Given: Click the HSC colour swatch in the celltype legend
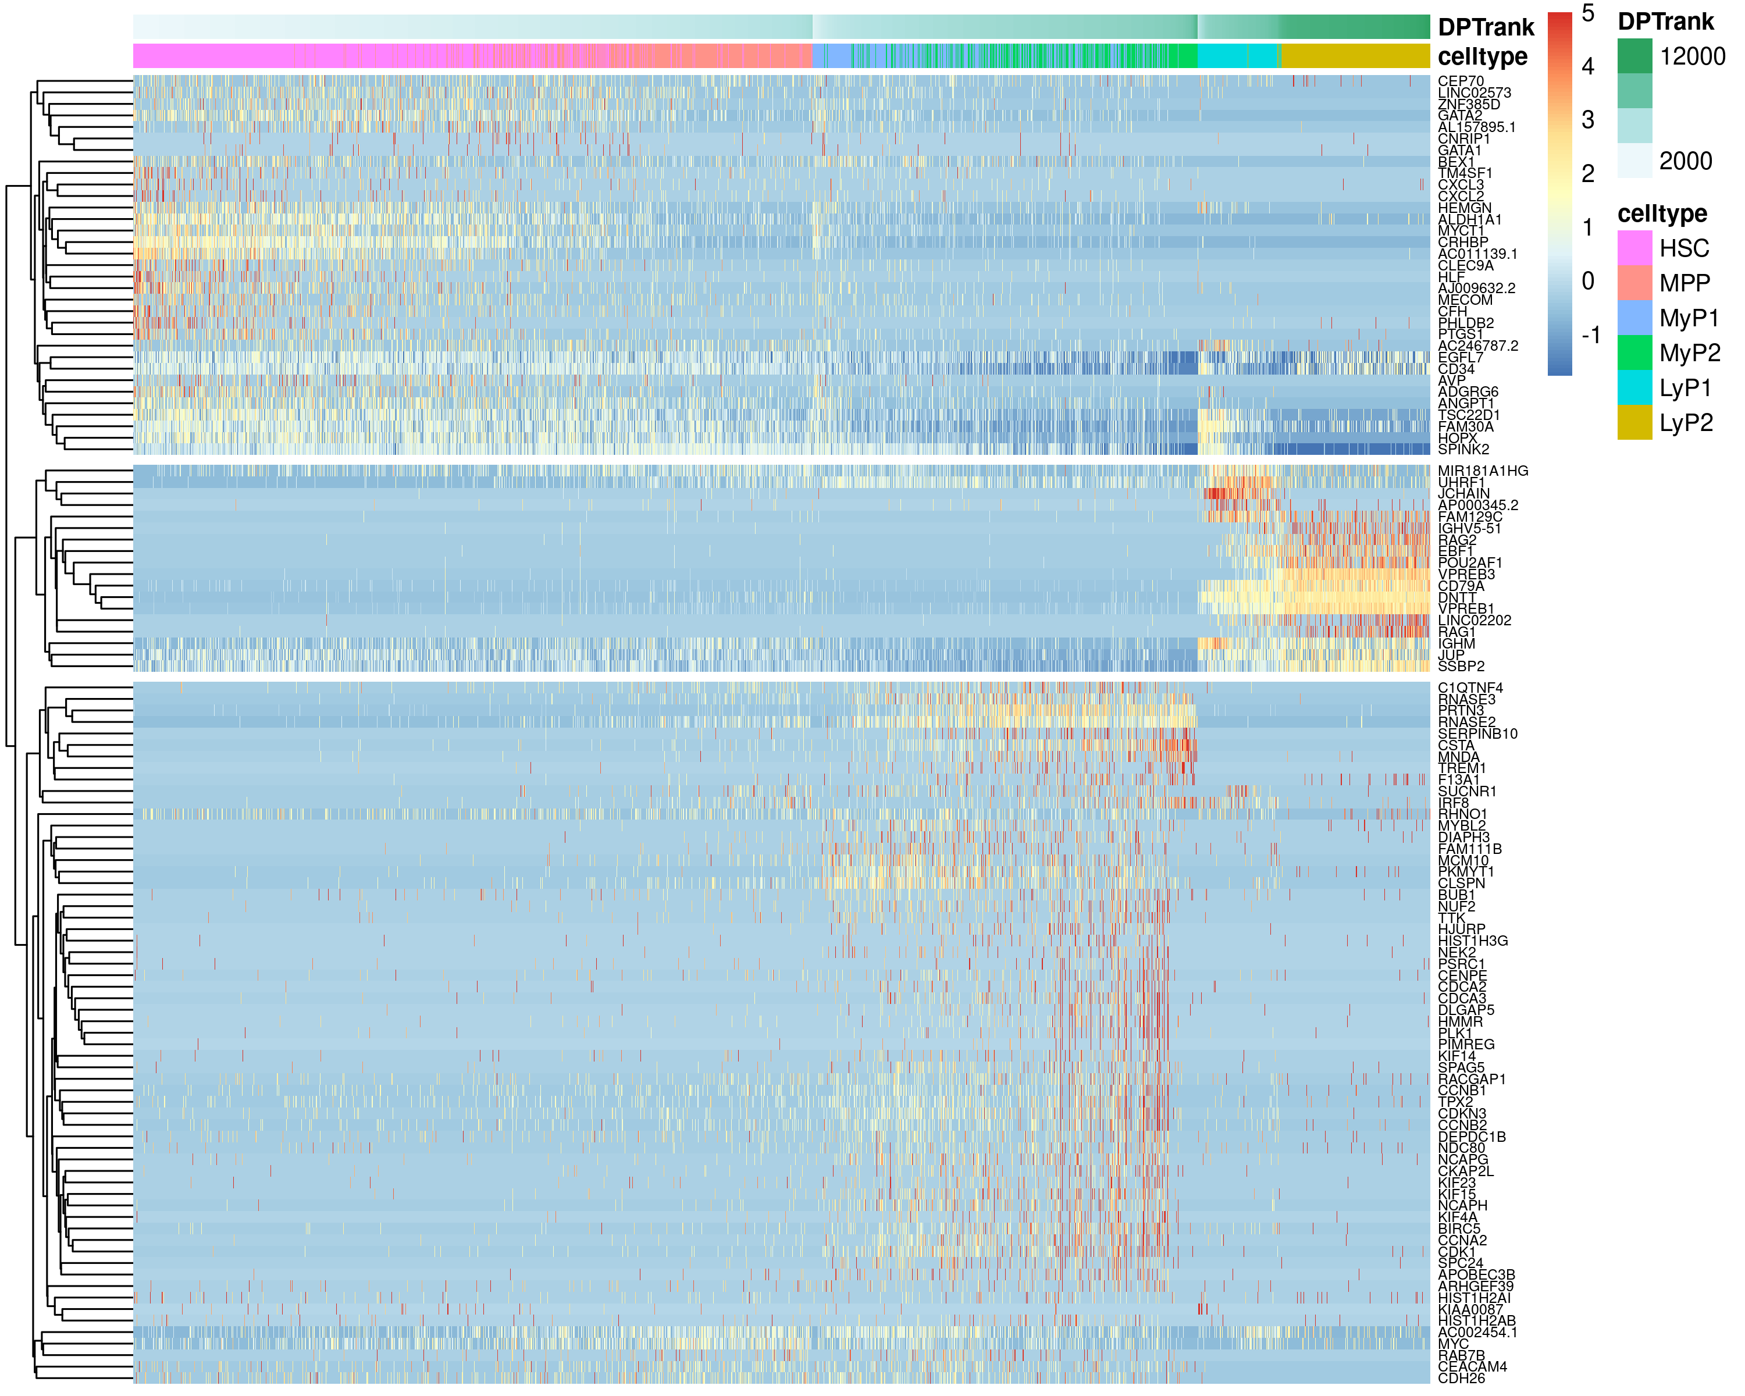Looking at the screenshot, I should tap(1634, 248).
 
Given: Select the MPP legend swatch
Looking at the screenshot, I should tap(1634, 283).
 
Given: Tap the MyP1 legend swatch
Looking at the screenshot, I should tap(1634, 317).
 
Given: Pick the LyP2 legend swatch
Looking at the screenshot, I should tap(1634, 422).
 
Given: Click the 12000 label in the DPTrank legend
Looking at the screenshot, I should tap(1691, 56).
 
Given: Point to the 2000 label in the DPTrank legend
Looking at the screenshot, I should tap(1685, 161).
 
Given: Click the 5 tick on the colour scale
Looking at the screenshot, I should tap(1588, 14).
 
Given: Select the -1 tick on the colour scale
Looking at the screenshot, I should tap(1590, 334).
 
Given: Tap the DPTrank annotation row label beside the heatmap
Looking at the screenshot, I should tap(1486, 27).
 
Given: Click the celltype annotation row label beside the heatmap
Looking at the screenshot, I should tap(1483, 56).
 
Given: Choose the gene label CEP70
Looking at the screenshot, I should tap(1461, 81).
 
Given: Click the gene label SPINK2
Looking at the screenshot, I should tap(1463, 449).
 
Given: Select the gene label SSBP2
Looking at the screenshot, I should tap(1461, 666).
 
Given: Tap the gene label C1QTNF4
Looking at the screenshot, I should tap(1470, 688).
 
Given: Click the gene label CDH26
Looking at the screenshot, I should tap(1461, 1378).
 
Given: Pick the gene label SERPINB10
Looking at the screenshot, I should tap(1477, 734).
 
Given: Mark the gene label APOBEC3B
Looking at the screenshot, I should tap(1476, 1274).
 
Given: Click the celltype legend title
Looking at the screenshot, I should tap(1662, 213).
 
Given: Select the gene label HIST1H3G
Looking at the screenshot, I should tap(1472, 941).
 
